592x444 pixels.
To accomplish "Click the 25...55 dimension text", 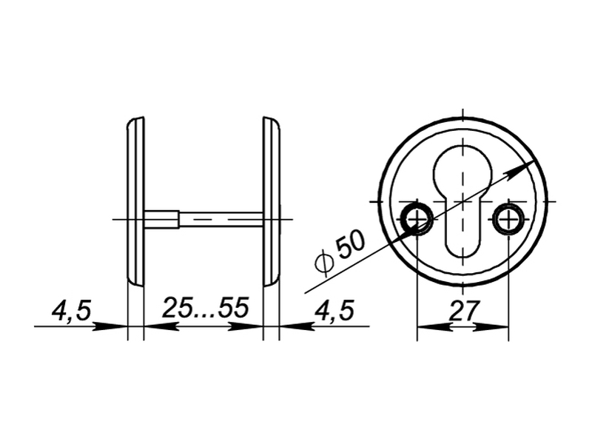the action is tap(206, 307).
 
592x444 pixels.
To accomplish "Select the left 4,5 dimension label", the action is tap(72, 312).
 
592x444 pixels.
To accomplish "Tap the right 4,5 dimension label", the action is tap(335, 311).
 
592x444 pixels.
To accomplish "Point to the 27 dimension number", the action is tap(464, 311).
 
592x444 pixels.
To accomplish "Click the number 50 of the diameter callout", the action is tap(351, 245).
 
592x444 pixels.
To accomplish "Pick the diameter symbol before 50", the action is tap(324, 261).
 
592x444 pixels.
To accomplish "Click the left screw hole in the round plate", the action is tap(417, 219).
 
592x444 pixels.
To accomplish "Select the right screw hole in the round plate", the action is tap(508, 219).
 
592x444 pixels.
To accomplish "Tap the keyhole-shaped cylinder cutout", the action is tap(462, 199).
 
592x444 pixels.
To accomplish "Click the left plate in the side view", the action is tap(135, 202).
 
